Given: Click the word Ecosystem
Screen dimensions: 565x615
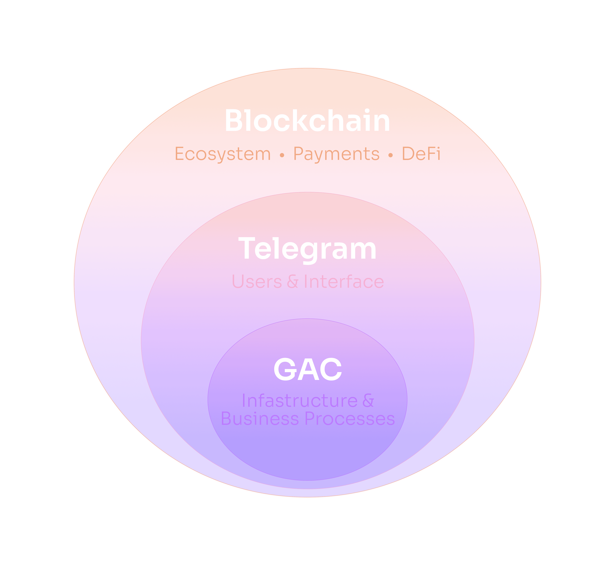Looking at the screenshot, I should coord(223,154).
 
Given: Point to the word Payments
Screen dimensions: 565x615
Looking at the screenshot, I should coord(336,154).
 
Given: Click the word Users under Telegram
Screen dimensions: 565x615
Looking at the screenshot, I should coord(257,282).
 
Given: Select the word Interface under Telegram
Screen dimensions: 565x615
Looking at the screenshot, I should coord(344,282).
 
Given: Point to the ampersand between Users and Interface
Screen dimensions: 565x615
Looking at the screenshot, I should coord(293,282).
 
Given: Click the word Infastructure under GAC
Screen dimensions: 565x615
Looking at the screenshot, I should coord(300,401).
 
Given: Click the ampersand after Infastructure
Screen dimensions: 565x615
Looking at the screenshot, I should coord(368,401).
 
